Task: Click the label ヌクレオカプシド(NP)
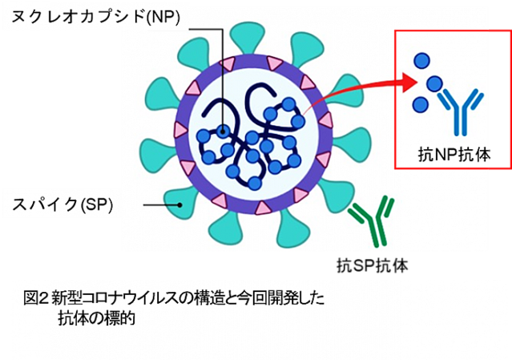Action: pos(95,17)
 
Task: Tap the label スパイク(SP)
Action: pos(62,204)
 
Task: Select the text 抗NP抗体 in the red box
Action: pos(454,155)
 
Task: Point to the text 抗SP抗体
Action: pos(373,265)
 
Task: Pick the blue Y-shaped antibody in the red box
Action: pos(461,111)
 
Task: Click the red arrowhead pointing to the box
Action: pos(409,83)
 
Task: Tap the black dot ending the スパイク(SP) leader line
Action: pos(179,205)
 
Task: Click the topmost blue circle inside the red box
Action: pos(422,61)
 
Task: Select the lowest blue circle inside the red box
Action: pos(421,105)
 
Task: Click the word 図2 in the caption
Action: pos(36,298)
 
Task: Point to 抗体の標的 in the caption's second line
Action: pos(97,318)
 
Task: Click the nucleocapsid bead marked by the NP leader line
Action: pos(223,132)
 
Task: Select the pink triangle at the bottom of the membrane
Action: pos(262,208)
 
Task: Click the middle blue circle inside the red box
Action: pos(434,83)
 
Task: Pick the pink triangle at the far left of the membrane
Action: pos(181,129)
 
